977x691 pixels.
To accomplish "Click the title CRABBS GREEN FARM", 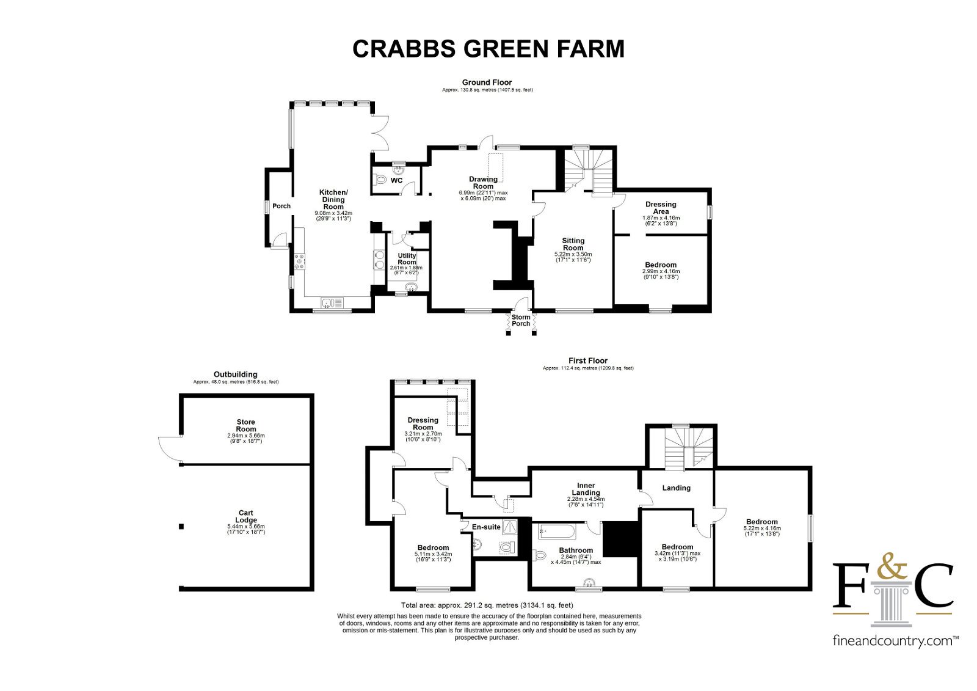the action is click(x=488, y=48).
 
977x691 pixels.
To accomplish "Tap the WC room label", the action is click(x=396, y=181).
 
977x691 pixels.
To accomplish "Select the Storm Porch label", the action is click(x=521, y=320).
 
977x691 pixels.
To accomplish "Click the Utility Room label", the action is click(x=407, y=259).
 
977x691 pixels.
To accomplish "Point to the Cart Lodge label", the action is click(x=246, y=516).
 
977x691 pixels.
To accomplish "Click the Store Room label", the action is click(x=246, y=426).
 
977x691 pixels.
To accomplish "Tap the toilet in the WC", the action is click(x=381, y=180).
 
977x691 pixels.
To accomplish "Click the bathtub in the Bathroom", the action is click(x=557, y=532).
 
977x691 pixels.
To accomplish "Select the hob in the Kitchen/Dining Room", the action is click(x=300, y=261).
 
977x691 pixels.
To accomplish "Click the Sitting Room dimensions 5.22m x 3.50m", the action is click(x=573, y=254).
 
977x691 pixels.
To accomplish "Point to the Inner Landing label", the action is click(x=586, y=489).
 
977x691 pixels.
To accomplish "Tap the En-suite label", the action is click(x=486, y=527).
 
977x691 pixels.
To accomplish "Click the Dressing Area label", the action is click(x=661, y=208).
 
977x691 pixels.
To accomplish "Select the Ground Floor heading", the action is click(x=487, y=82).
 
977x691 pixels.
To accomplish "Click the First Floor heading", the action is click(x=588, y=360).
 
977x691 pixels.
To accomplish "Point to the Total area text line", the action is click(x=487, y=605).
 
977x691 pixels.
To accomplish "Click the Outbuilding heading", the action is click(x=236, y=375).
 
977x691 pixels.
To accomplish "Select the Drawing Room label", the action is click(x=483, y=183).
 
